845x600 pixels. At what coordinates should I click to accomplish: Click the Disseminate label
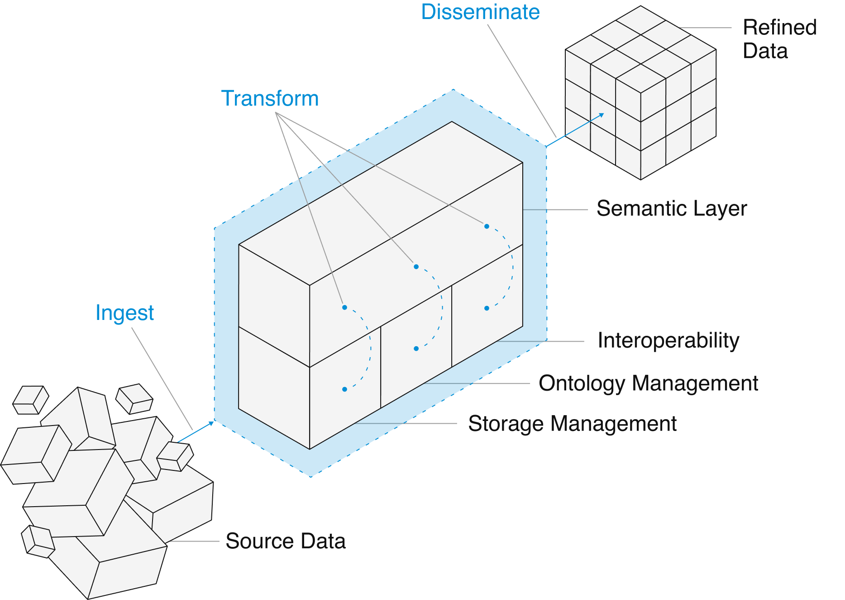(480, 12)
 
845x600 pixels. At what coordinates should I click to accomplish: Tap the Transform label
(270, 99)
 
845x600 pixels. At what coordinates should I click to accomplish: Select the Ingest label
(124, 313)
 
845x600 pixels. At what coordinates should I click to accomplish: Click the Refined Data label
(779, 39)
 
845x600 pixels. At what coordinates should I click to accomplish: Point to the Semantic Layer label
(672, 209)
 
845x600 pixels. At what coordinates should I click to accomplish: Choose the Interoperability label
(668, 341)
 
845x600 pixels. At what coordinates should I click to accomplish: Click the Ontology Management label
(648, 383)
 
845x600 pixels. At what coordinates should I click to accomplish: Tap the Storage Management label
(572, 424)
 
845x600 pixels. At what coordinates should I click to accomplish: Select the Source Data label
(286, 541)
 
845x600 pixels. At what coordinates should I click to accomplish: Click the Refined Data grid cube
(640, 93)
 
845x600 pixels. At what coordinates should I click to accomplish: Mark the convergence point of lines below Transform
(277, 114)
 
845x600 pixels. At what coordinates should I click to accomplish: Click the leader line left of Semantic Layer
(556, 209)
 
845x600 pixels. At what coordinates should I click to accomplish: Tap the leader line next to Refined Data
(706, 28)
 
